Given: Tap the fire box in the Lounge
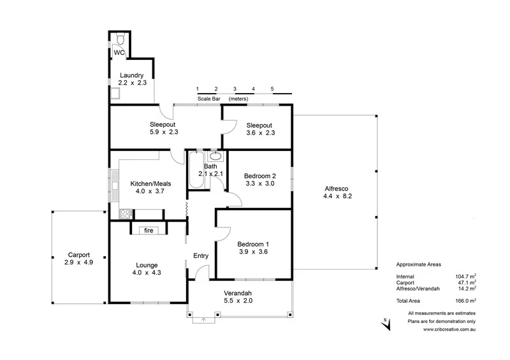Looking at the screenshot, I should click(148, 230).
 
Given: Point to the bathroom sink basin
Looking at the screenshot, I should click(215, 155).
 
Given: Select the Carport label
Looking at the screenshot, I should click(79, 254).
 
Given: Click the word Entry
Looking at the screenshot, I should click(201, 256).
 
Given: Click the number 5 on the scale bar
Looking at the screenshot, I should click(272, 89).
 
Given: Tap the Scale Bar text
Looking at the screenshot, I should click(210, 99).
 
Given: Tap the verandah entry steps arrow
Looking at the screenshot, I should click(203, 320).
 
